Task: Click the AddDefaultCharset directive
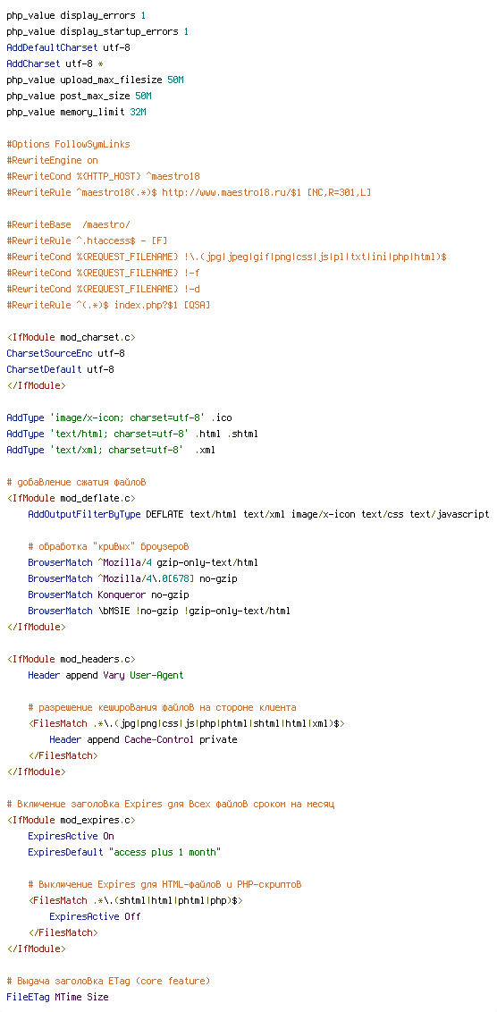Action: [52, 47]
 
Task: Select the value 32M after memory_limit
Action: [138, 112]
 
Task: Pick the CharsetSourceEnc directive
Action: [49, 354]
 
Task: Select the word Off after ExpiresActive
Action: [132, 916]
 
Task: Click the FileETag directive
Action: [28, 997]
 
